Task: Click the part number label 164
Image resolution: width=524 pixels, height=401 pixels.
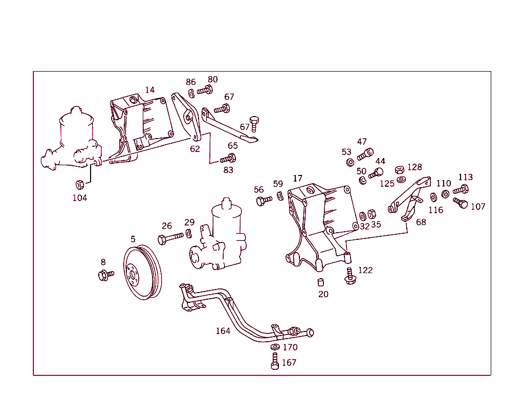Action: point(223,331)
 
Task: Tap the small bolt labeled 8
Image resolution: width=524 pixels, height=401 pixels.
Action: point(105,275)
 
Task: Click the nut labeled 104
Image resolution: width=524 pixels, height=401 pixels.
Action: point(80,185)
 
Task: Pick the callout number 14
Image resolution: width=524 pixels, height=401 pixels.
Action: point(149,90)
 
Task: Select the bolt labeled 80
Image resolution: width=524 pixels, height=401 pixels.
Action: point(205,91)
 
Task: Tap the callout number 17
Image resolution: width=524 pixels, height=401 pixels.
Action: point(298,179)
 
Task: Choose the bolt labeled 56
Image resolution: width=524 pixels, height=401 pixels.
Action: point(264,201)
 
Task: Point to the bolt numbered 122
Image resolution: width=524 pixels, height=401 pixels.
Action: point(351,276)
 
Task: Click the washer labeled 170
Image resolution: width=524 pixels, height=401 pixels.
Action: point(275,347)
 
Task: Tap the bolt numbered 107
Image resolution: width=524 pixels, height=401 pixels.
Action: point(461,204)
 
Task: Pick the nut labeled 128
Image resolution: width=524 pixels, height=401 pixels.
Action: point(400,170)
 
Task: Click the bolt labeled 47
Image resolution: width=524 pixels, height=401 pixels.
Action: point(365,153)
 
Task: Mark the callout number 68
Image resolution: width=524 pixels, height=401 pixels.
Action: point(421,222)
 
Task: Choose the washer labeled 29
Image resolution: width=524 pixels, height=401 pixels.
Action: point(189,234)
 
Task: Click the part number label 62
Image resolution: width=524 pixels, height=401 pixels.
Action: point(195,149)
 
